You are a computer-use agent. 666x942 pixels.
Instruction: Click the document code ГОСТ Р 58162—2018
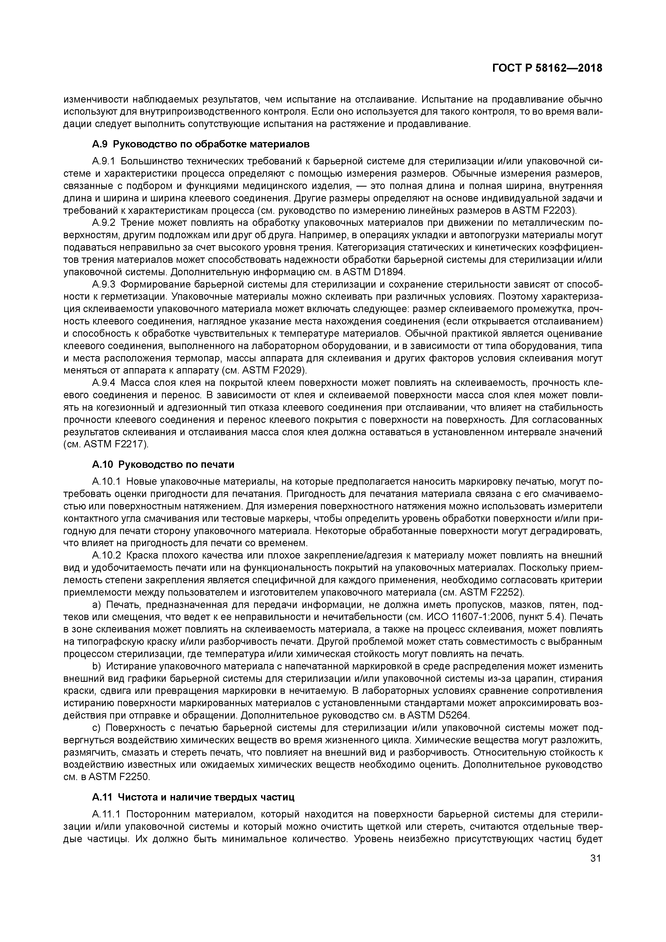pyautogui.click(x=547, y=68)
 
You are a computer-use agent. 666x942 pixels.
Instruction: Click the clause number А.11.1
pyautogui.click(x=106, y=814)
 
